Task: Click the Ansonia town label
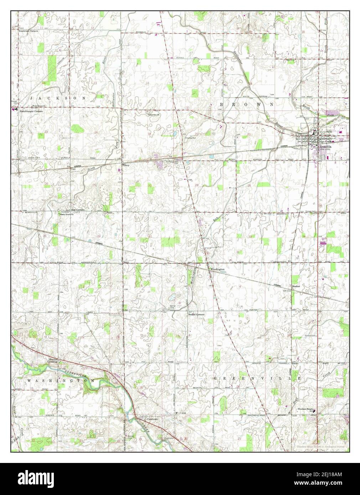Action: [x=325, y=146]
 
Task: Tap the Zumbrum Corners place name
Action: [x=29, y=31]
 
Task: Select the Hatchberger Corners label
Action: [x=31, y=111]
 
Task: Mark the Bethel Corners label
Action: [x=196, y=315]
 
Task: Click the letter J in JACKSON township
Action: [x=32, y=98]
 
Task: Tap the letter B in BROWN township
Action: [x=221, y=104]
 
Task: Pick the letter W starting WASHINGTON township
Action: [x=29, y=381]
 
